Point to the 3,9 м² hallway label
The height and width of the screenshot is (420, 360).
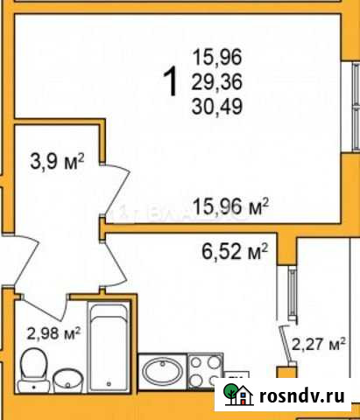pyautogui.click(x=58, y=161)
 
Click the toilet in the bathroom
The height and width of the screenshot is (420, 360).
pyautogui.click(x=36, y=368)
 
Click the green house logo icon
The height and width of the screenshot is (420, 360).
pyautogui.click(x=237, y=394)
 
